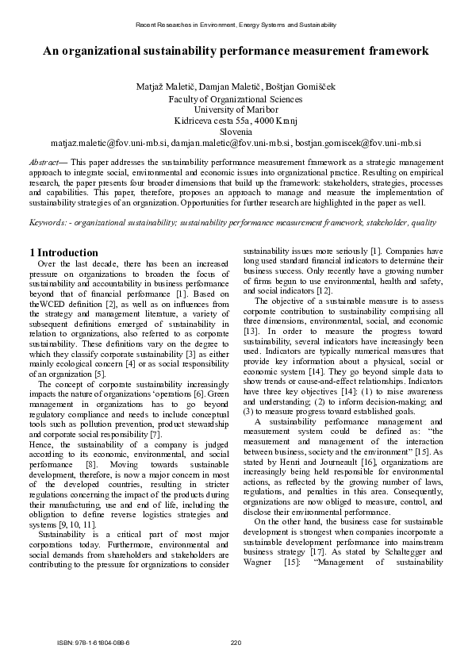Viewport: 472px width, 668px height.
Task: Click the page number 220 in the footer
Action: click(236, 642)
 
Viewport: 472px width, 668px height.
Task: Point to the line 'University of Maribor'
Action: click(236, 109)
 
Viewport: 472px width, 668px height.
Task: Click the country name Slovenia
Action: click(236, 132)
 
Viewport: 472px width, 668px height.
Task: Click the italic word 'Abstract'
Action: click(46, 160)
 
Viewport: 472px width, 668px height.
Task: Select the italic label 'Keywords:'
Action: click(48, 223)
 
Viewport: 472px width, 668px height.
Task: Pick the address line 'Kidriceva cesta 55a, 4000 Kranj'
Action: click(236, 121)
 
